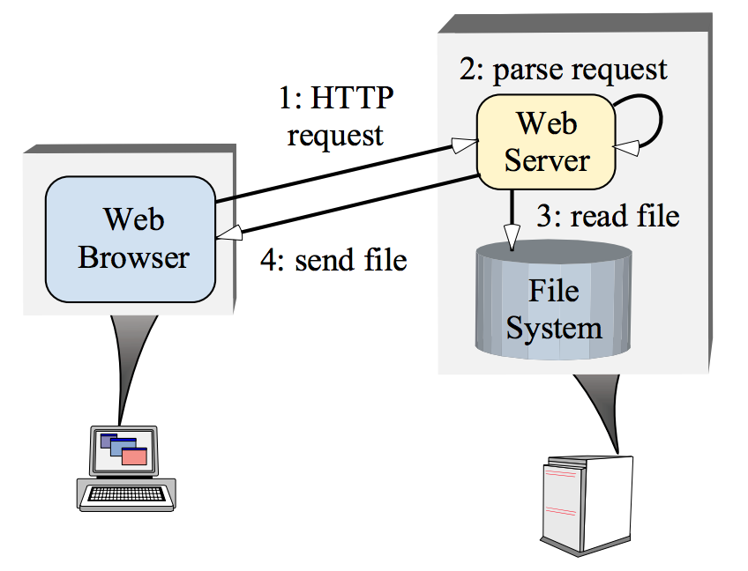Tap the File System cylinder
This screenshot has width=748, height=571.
pyautogui.click(x=554, y=304)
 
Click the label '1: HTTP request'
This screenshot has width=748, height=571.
pyautogui.click(x=336, y=116)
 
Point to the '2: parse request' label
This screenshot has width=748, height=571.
pyautogui.click(x=564, y=70)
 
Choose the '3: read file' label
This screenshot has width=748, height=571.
pyautogui.click(x=608, y=216)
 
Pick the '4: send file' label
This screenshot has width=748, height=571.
pyautogui.click(x=333, y=260)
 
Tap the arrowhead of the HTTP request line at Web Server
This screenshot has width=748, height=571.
pyautogui.click(x=465, y=140)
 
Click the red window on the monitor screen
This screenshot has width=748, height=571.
pyautogui.click(x=134, y=456)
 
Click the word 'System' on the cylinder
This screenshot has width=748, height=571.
pyautogui.click(x=554, y=328)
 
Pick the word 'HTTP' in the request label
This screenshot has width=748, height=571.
pyautogui.click(x=348, y=99)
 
